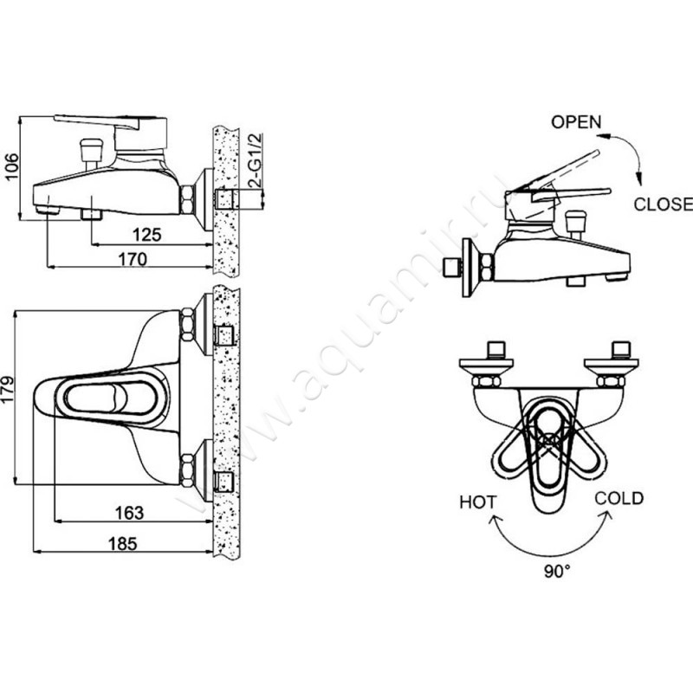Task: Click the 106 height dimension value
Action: pos(11,166)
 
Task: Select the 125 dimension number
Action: pos(147,235)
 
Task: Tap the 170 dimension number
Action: pos(133,259)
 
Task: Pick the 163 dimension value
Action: pos(129,513)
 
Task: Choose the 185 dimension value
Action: pos(123,544)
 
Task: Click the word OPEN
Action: pos(576,122)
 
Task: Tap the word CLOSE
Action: pos(663,204)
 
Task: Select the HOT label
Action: pos(478,502)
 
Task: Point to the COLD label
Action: pos(619,499)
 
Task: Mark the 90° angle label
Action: pos(557,572)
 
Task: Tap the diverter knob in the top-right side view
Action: pos(575,225)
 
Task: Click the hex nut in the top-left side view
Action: pos(187,199)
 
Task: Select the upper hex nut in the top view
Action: pos(187,325)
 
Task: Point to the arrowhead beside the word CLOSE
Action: pos(638,179)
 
